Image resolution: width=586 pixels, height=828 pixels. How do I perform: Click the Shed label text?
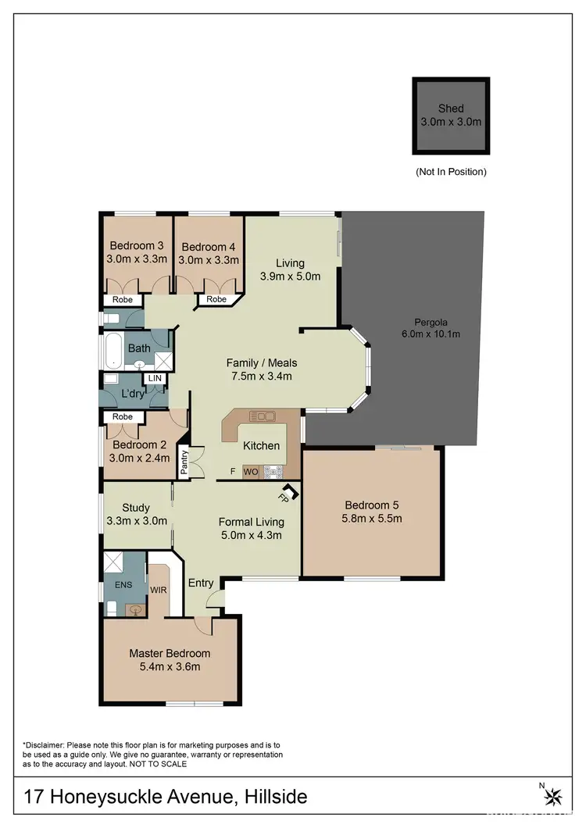point(451,109)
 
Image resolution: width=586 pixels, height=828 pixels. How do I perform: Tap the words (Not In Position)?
point(451,172)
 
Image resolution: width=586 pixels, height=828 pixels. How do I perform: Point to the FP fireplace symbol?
point(286,494)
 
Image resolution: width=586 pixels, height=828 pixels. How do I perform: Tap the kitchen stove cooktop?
point(273,471)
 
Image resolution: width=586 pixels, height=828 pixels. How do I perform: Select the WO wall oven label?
point(251,472)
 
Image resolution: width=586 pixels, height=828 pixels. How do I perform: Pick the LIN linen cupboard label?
point(156,378)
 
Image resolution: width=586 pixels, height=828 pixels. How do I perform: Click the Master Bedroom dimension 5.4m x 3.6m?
point(170,666)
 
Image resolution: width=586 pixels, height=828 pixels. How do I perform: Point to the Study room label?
point(136,508)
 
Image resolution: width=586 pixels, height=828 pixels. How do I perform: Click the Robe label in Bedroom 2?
point(122,417)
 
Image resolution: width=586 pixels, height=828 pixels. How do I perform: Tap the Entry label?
point(201,583)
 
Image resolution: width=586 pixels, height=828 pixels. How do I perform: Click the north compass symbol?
point(553,796)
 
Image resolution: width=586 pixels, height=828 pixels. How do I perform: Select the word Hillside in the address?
point(276,797)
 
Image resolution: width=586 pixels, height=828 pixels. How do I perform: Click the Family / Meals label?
point(262,362)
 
